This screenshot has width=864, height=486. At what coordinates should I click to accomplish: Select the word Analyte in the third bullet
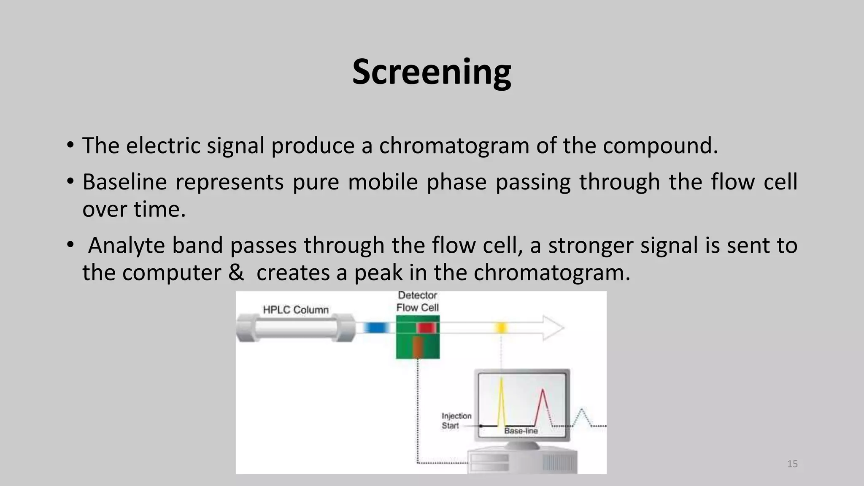tap(126, 246)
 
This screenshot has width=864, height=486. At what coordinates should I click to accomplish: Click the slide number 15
tap(792, 464)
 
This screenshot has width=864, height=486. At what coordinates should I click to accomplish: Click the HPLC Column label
tap(295, 310)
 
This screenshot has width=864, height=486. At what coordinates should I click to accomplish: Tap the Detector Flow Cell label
tap(417, 302)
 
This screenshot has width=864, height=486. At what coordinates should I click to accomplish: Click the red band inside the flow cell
tap(426, 328)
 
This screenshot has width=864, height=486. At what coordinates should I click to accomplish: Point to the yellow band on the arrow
tap(501, 328)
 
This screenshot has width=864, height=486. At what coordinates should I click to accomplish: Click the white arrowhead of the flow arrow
tap(553, 328)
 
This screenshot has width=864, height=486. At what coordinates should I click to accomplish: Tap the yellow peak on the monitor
tap(501, 401)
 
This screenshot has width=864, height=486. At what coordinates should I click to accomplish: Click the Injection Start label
tap(456, 421)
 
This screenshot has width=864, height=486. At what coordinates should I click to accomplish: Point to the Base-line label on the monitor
tap(521, 431)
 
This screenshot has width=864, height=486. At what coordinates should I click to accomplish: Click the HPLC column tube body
tap(295, 328)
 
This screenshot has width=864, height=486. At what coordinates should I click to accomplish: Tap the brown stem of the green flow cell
tap(418, 347)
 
